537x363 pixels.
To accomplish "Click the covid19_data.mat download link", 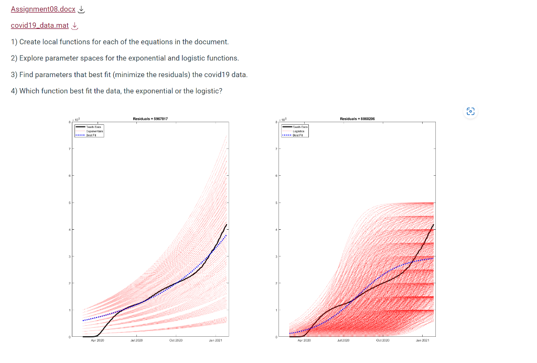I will [40, 26].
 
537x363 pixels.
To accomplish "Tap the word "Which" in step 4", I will [29, 91].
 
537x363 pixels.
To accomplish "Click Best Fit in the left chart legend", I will [95, 134].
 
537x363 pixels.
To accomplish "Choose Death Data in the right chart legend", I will [300, 127].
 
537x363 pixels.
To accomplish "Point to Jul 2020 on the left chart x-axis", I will [136, 341].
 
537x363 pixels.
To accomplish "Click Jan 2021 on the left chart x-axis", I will [216, 341].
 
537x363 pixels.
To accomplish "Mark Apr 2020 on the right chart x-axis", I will [304, 341].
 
